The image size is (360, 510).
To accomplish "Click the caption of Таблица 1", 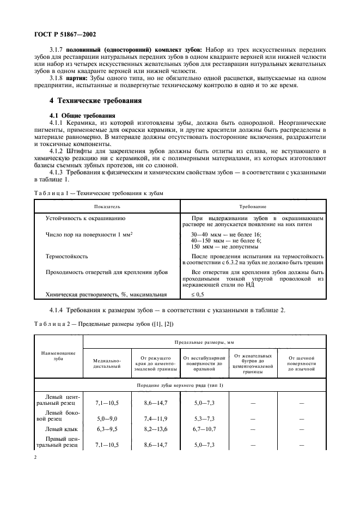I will [x=98, y=193].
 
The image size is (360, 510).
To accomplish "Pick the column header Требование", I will [x=253, y=207].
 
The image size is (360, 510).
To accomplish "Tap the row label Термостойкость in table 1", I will [x=67, y=256].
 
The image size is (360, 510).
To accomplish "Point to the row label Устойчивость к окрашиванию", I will [x=86, y=218].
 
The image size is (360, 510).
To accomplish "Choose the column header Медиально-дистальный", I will [x=107, y=363].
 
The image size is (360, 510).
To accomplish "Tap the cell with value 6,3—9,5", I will [x=107, y=429].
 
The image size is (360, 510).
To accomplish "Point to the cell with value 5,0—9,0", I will [x=107, y=418].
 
